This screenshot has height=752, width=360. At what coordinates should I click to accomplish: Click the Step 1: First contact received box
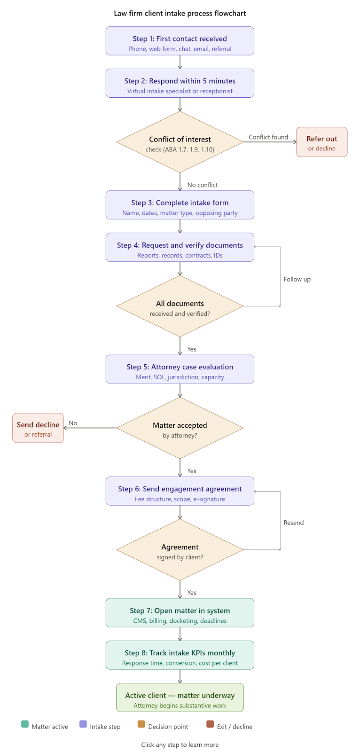[x=180, y=41]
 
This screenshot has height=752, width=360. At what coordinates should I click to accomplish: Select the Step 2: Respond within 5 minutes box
[x=180, y=83]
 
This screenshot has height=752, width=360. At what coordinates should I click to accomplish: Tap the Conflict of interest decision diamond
[x=180, y=142]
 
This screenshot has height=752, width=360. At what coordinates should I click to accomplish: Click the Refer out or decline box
[x=321, y=142]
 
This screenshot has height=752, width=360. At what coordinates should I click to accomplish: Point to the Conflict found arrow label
[x=268, y=137]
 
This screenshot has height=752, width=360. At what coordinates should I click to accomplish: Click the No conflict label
[x=202, y=185]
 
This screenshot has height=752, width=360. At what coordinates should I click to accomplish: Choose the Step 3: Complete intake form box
[x=180, y=205]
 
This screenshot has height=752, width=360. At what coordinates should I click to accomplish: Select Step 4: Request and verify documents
[x=180, y=247]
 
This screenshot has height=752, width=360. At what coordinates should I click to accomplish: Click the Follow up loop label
[x=297, y=280]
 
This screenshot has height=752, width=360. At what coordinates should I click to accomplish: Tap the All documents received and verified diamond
[x=180, y=306]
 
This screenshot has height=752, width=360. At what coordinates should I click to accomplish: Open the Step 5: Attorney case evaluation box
[x=180, y=369]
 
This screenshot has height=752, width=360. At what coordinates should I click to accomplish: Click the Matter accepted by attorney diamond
[x=180, y=428]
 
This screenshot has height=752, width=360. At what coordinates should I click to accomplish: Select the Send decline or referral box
[x=38, y=428]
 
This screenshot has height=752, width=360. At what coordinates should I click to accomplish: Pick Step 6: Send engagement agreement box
[x=180, y=491]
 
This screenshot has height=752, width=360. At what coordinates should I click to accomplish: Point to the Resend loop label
[x=293, y=523]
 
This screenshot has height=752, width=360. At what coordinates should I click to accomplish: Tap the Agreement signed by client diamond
[x=180, y=550]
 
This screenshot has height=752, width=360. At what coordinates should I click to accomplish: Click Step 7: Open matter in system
[x=180, y=613]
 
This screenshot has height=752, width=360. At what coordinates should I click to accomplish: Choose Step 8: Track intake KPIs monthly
[x=180, y=655]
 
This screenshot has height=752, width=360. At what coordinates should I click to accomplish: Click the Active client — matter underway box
[x=180, y=698]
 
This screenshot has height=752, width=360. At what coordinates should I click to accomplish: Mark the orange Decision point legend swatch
[x=141, y=724]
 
